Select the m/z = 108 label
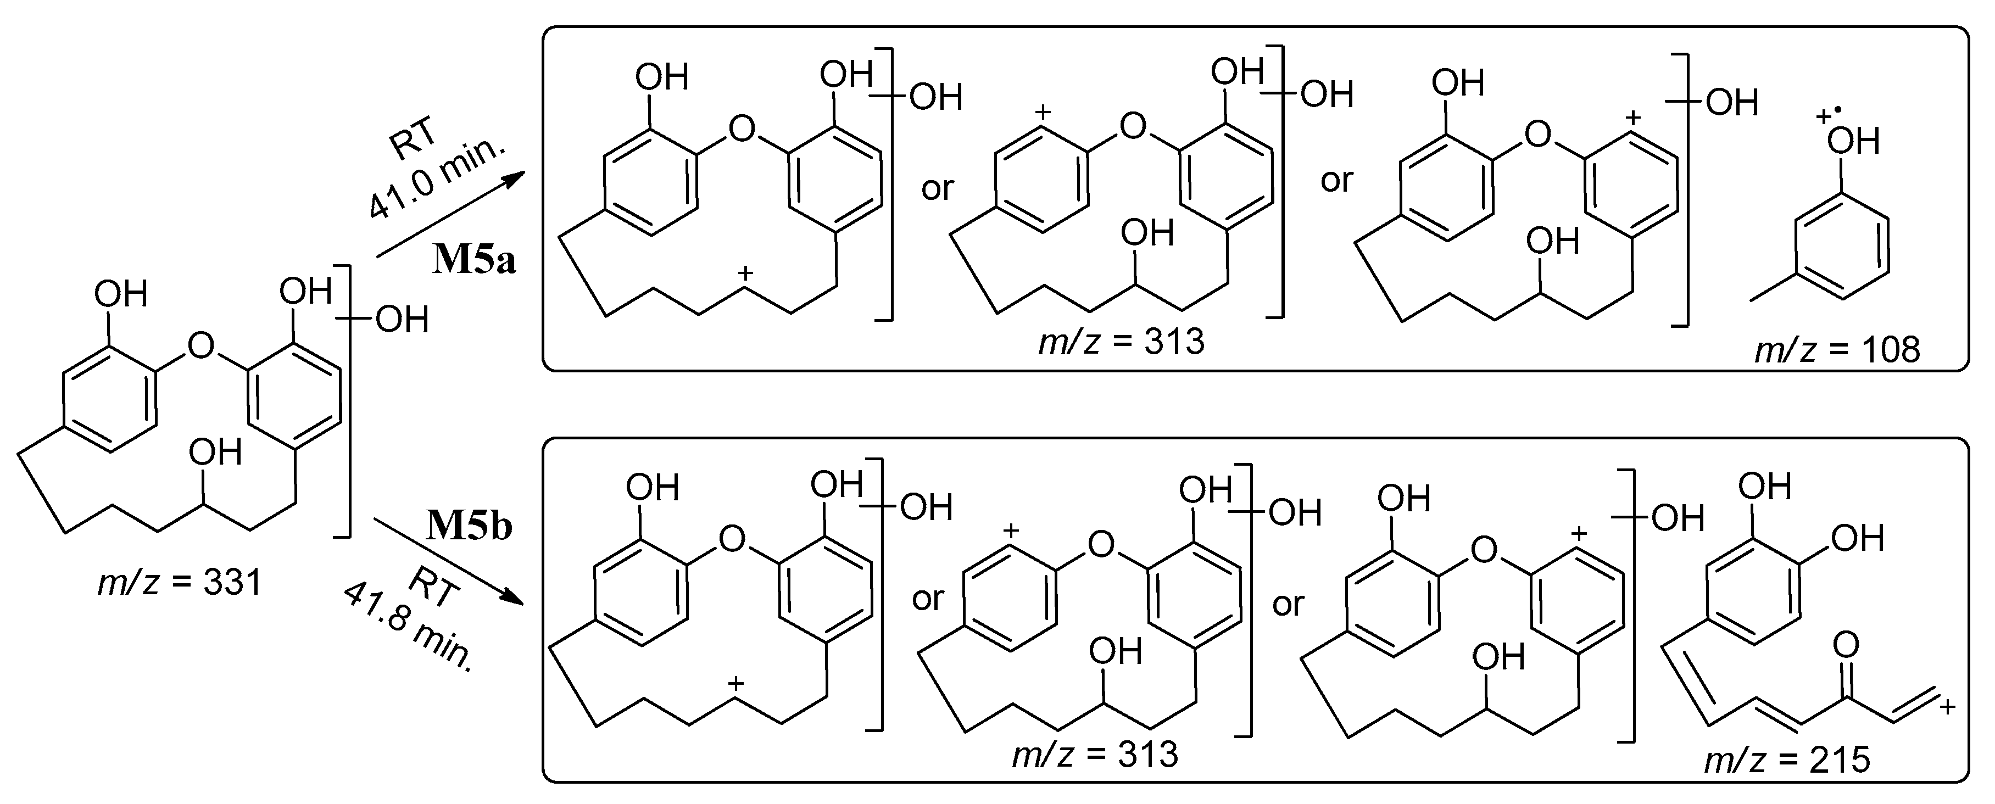(1836, 350)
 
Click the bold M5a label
(474, 260)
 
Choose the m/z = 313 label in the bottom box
(1095, 753)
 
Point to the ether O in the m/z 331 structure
(200, 345)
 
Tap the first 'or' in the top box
(937, 188)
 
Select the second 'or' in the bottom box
(1289, 604)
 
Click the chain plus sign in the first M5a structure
(745, 272)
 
